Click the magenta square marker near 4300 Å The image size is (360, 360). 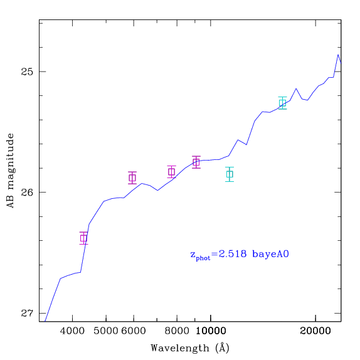click(x=83, y=238)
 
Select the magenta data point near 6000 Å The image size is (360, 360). click(x=132, y=177)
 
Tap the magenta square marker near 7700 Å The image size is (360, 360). click(x=171, y=172)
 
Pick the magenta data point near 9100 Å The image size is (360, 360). click(x=196, y=162)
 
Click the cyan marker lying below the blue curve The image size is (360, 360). click(x=230, y=174)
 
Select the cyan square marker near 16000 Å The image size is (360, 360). click(x=282, y=103)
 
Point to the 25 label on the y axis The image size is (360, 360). click(x=27, y=71)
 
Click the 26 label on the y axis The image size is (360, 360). click(x=27, y=192)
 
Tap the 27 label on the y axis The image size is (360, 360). click(x=27, y=313)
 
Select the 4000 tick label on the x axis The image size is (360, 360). click(x=72, y=331)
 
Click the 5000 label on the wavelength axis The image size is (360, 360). click(x=106, y=331)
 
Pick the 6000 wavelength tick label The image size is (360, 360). click(x=134, y=331)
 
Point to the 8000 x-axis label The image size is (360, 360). click(x=177, y=331)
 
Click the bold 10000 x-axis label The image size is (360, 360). click(x=211, y=331)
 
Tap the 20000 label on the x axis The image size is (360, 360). click(x=315, y=331)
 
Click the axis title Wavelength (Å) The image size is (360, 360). click(x=190, y=348)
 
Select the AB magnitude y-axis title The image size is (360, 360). click(x=11, y=171)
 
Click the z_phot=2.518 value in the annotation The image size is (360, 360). click(x=218, y=255)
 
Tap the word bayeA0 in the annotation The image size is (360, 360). click(x=270, y=255)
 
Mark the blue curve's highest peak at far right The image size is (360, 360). click(x=338, y=55)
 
